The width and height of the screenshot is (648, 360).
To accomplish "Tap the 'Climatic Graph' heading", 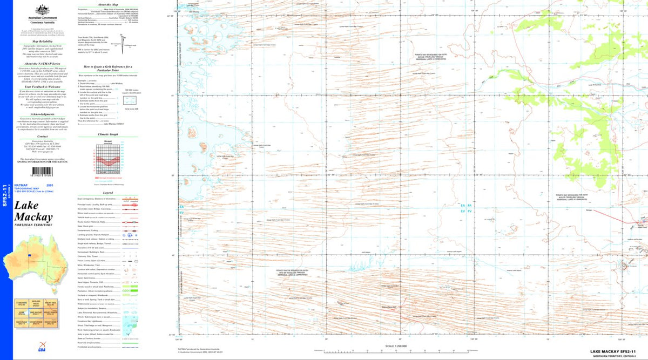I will (107, 134).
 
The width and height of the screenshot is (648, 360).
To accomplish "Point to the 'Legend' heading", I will (107, 193).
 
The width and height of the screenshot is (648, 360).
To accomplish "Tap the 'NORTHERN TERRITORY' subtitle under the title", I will (34, 225).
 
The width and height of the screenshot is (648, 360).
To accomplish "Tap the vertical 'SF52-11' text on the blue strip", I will (5, 196).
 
